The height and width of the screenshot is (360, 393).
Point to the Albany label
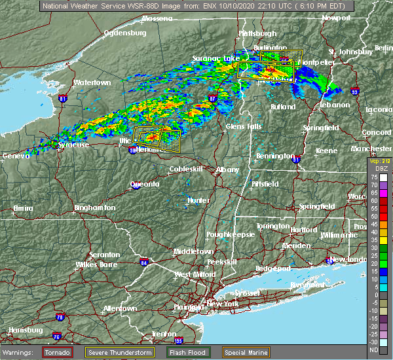pos(228,170)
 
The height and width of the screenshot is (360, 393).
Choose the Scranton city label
pos(104,255)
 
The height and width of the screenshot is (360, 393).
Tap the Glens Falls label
pos(244,126)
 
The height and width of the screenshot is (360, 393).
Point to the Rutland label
pos(284,106)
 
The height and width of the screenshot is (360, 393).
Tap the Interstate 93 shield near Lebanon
pos(355,92)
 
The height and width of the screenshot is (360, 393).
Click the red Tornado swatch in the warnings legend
pos(58,351)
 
